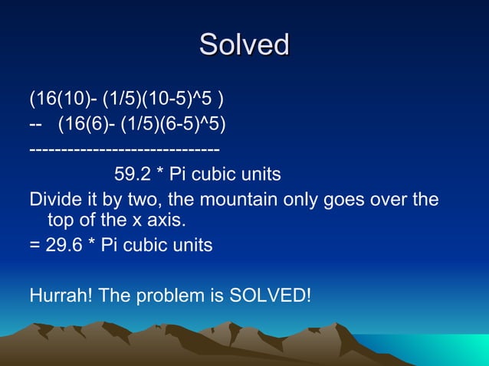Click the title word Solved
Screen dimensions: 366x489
pyautogui.click(x=244, y=44)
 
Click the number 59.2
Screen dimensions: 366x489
pyautogui.click(x=131, y=175)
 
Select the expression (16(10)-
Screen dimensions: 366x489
pyautogui.click(x=62, y=100)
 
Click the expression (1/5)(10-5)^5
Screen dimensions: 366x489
pyautogui.click(x=162, y=100)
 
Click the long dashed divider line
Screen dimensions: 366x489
pyautogui.click(x=124, y=148)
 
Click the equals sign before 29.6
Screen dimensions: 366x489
pyautogui.click(x=34, y=246)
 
